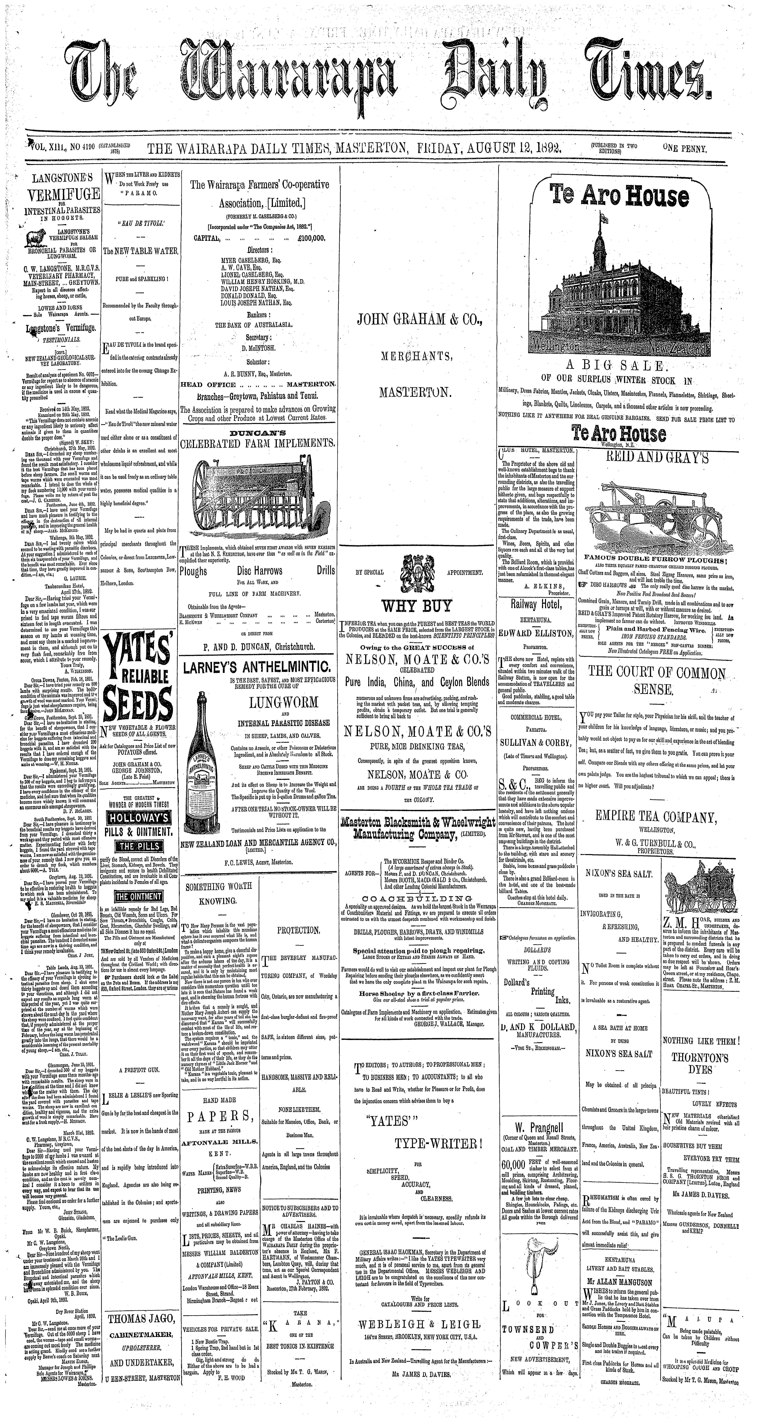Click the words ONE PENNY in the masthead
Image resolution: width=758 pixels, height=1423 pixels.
point(686,148)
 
